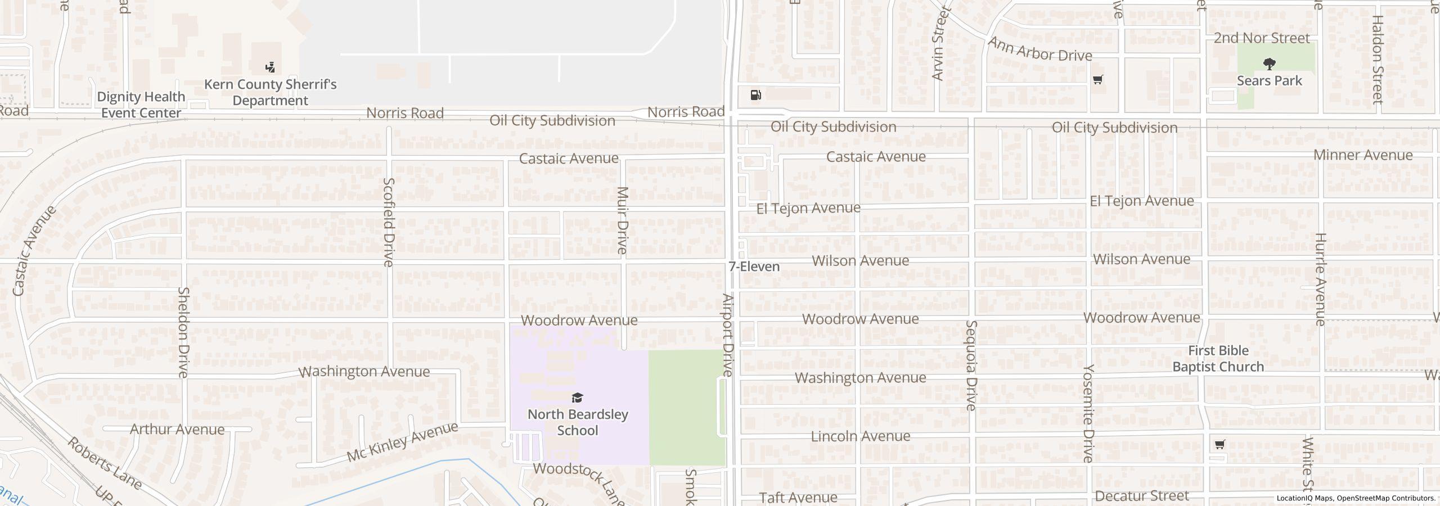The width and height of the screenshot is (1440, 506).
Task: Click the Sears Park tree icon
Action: coord(1269,64)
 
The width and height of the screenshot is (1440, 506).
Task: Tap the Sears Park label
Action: coord(1269,81)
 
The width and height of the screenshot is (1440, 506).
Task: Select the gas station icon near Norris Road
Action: coord(756,95)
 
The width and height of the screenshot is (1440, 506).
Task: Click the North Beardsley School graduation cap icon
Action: coord(577,398)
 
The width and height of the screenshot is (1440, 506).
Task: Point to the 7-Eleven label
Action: coord(754,266)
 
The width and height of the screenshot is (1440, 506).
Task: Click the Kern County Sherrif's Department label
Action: coord(270,92)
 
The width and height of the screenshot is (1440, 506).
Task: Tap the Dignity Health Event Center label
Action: coord(141,105)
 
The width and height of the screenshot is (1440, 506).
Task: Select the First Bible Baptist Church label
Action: coord(1218,359)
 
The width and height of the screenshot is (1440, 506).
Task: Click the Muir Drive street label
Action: coord(622,220)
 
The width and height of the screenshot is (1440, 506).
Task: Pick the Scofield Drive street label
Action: coord(389,222)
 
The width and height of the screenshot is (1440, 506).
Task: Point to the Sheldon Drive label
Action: coord(183,332)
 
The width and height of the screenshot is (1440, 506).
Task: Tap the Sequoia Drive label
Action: coord(971,365)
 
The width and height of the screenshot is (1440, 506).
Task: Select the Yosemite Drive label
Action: coord(1088,413)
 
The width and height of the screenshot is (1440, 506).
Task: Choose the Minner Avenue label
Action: coord(1362,155)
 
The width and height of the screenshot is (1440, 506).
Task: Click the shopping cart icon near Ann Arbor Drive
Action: coord(1097,80)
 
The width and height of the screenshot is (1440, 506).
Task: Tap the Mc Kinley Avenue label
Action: coord(402,442)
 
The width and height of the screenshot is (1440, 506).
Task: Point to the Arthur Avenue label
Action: coord(177,430)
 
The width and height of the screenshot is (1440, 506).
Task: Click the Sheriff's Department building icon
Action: coord(270,67)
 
